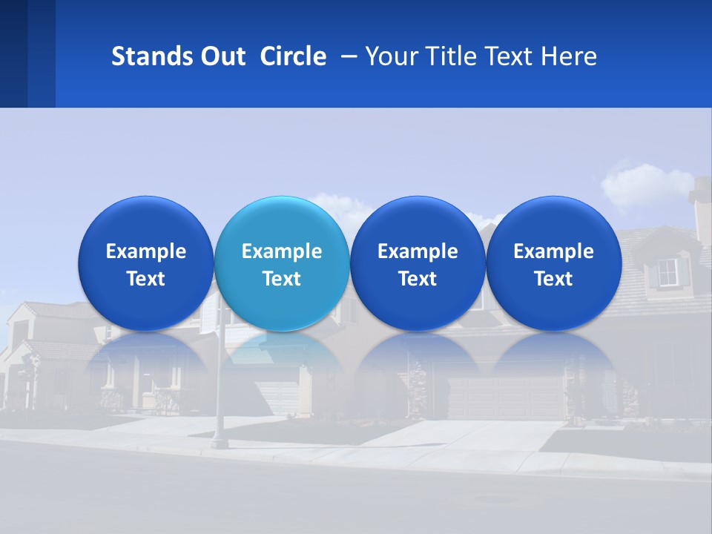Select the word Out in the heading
[220, 56]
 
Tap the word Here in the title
[569, 56]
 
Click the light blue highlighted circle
[282, 263]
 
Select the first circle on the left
[145, 263]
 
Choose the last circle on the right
[553, 263]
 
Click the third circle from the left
[418, 263]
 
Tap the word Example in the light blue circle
[282, 251]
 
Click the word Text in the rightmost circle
[553, 279]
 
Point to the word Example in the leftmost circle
[145, 251]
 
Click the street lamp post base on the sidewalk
[218, 443]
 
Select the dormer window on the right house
[669, 272]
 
